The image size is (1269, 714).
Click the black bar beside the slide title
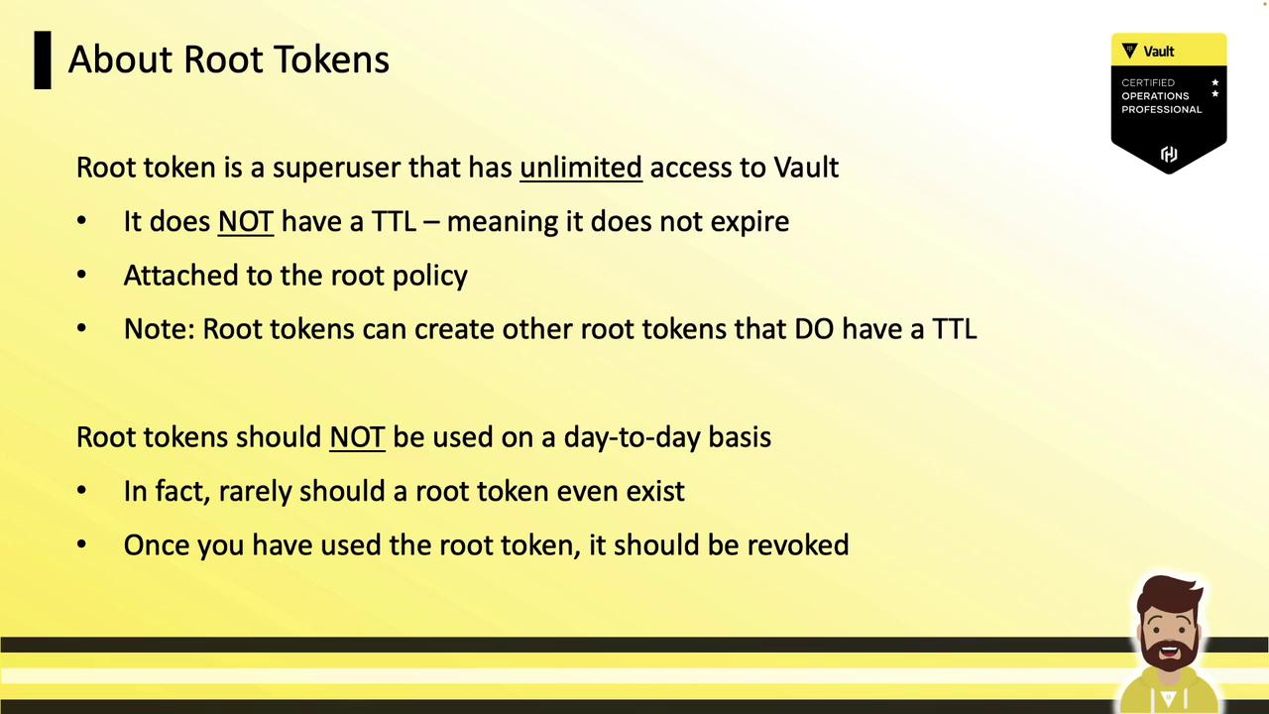(x=43, y=60)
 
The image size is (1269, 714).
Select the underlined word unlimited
(x=581, y=168)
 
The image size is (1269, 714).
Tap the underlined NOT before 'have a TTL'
(x=246, y=221)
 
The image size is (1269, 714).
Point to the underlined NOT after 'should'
(x=358, y=437)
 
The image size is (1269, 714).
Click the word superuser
(x=336, y=169)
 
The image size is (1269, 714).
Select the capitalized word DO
(x=814, y=329)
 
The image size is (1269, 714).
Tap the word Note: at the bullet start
(x=160, y=329)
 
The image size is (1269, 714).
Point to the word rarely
(x=255, y=492)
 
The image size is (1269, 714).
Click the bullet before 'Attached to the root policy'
(x=81, y=275)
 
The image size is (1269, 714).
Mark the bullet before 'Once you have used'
(x=81, y=544)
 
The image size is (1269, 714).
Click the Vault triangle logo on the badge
(x=1129, y=51)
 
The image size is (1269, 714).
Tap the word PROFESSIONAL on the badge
(x=1161, y=109)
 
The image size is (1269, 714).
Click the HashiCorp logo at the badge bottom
(x=1169, y=154)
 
